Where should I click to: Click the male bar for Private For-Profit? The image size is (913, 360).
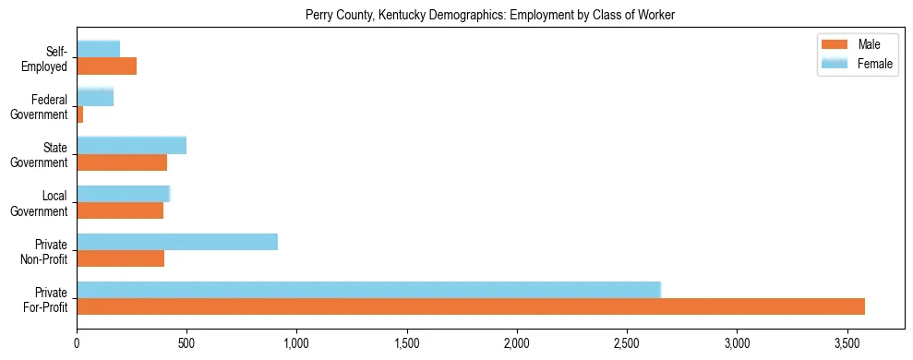pyautogui.click(x=471, y=306)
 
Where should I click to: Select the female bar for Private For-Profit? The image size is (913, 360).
pyautogui.click(x=368, y=290)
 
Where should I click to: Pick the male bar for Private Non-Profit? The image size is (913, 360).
pyautogui.click(x=121, y=258)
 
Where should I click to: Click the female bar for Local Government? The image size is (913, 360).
pyautogui.click(x=124, y=194)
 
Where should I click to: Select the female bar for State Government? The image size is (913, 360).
pyautogui.click(x=132, y=146)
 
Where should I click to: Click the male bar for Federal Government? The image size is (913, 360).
pyautogui.click(x=80, y=114)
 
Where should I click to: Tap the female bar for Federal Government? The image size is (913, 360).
pyautogui.click(x=95, y=98)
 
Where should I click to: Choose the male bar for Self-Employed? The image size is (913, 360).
pyautogui.click(x=107, y=66)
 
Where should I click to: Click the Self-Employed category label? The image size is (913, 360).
pyautogui.click(x=50, y=58)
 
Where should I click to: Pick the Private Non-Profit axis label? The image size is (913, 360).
pyautogui.click(x=46, y=250)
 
